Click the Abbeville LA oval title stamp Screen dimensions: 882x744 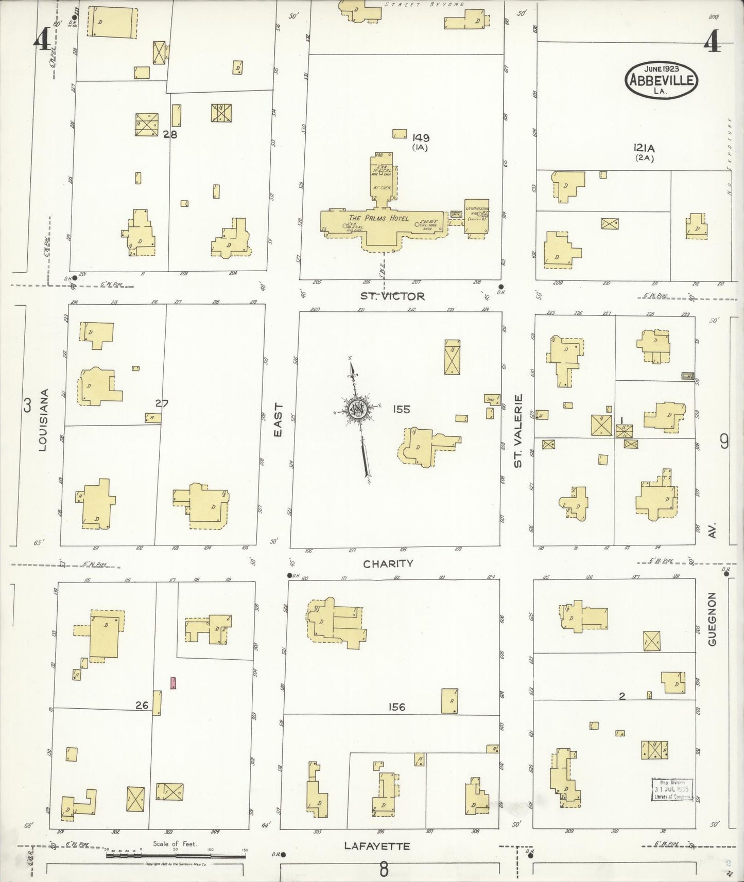(x=662, y=79)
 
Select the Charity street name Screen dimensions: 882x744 (x=388, y=563)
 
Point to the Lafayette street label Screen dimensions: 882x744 (x=377, y=846)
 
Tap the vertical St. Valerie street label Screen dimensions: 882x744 (x=518, y=431)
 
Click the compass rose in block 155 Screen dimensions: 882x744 (x=357, y=410)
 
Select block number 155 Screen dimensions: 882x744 (x=401, y=410)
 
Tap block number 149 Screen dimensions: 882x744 (x=421, y=137)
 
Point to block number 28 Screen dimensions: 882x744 (x=170, y=134)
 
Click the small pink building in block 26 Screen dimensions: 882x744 (x=174, y=683)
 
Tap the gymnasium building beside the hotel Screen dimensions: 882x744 (x=477, y=218)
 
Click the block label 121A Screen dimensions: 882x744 (x=644, y=148)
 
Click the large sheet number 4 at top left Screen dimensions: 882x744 (x=42, y=39)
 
